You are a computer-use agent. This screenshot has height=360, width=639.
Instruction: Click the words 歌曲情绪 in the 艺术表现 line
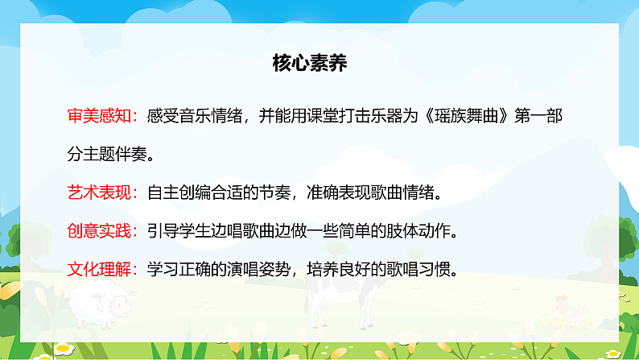[402, 193]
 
